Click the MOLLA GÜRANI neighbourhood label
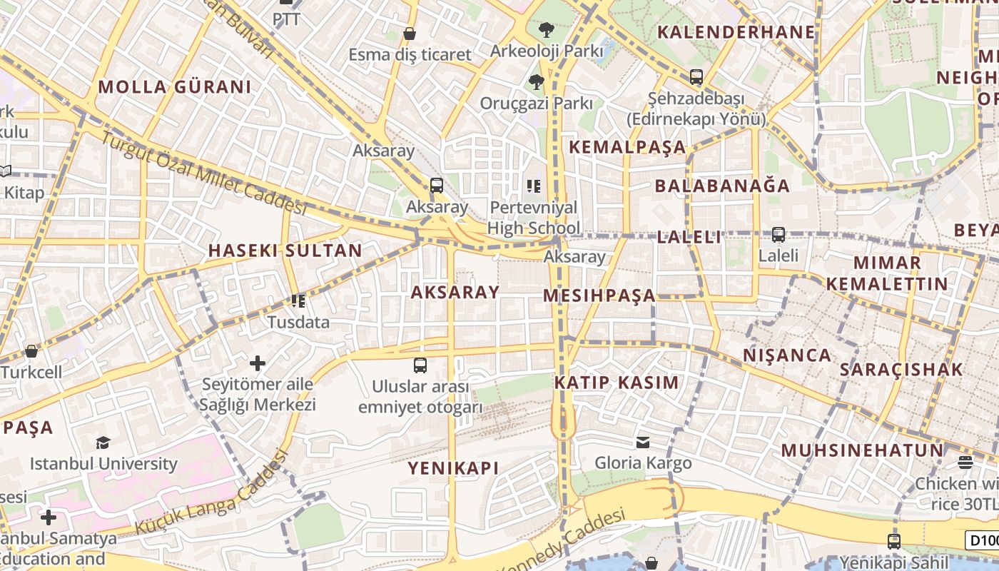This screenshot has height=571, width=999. click(x=175, y=87)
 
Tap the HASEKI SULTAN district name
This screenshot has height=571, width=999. click(x=285, y=251)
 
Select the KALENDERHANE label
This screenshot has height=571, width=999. click(x=736, y=31)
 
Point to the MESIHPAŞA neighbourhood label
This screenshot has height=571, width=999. click(x=599, y=295)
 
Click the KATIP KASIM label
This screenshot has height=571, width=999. click(x=617, y=382)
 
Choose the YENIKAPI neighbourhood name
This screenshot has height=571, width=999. click(x=453, y=468)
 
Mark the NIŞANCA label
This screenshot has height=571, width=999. click(x=787, y=355)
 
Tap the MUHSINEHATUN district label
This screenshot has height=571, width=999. click(x=862, y=450)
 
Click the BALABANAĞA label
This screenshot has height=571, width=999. click(x=722, y=186)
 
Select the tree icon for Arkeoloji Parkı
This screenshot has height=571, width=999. click(x=547, y=30)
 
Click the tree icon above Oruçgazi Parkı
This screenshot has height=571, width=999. click(x=536, y=82)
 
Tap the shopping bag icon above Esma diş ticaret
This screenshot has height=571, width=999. click(x=410, y=34)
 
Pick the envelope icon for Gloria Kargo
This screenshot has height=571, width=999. click(x=643, y=443)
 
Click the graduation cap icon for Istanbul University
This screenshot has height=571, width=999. click(x=103, y=443)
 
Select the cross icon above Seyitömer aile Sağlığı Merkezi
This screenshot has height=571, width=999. click(x=258, y=363)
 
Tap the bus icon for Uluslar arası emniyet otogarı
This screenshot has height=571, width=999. click(x=420, y=365)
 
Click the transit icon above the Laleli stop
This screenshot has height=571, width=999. click(x=779, y=234)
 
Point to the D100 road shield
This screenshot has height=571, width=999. click(x=982, y=540)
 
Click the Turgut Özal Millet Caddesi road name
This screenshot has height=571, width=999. click(x=203, y=174)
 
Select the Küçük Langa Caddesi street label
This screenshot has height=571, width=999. click(x=212, y=492)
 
